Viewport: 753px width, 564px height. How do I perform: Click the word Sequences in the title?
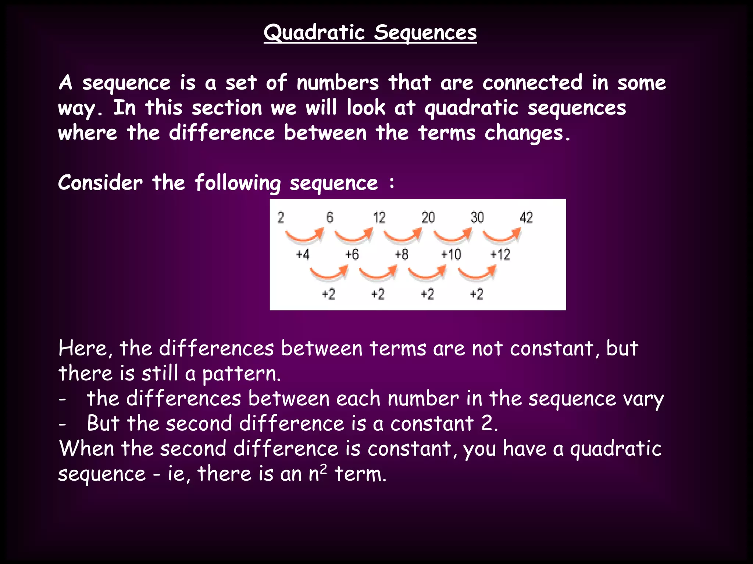(x=425, y=32)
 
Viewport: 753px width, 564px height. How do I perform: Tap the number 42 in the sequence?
(x=526, y=218)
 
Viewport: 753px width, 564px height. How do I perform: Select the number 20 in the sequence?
(x=428, y=218)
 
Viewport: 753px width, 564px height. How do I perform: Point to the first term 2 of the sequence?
(x=281, y=218)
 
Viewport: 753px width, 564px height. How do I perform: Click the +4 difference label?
(x=303, y=254)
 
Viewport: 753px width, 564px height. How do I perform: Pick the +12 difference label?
(x=500, y=254)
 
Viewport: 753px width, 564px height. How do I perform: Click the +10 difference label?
(x=451, y=254)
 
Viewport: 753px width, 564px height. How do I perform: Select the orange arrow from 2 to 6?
(x=304, y=236)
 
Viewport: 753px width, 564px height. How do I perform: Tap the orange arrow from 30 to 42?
(x=502, y=236)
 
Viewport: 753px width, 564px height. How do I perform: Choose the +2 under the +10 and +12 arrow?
(x=477, y=294)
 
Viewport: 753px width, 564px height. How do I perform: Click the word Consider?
(x=100, y=183)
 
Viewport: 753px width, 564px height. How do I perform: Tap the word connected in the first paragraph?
(x=532, y=83)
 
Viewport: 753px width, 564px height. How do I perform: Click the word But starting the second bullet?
(x=103, y=423)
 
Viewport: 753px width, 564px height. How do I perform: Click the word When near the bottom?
(x=87, y=449)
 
